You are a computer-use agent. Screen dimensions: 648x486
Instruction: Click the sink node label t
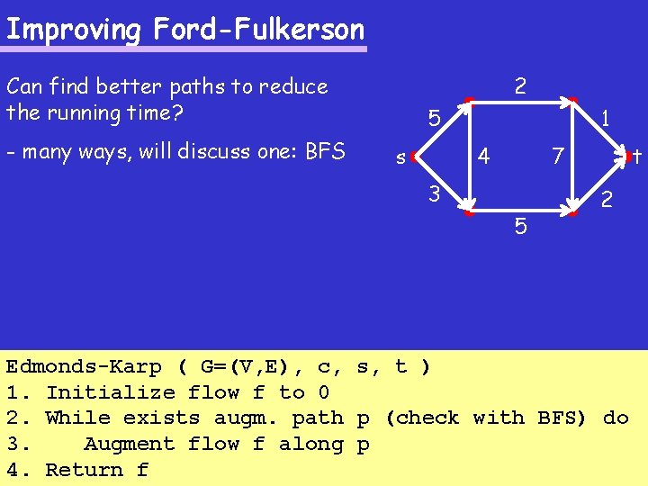636,157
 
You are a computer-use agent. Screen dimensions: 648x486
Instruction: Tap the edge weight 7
558,157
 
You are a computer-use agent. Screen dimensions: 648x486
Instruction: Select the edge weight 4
483,157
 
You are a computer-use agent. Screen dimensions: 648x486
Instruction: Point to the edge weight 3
434,193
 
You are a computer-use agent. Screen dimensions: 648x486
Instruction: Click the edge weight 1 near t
607,118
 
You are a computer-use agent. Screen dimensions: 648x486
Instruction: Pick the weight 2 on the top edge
520,86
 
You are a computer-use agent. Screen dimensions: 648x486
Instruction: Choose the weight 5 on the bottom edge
521,226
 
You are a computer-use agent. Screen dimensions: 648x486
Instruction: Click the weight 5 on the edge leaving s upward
434,119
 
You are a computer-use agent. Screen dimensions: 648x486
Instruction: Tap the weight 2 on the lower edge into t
607,199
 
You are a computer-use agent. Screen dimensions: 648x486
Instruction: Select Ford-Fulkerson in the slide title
259,30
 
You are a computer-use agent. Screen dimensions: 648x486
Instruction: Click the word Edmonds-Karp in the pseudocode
85,366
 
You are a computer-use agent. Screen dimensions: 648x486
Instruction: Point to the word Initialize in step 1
111,392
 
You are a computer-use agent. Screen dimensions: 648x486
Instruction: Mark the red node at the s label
412,157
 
